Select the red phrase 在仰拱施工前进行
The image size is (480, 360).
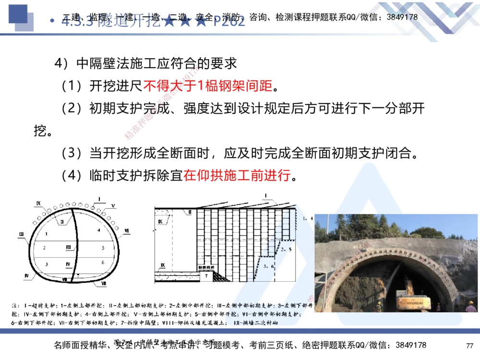237,176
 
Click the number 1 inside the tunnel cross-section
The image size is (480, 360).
46,233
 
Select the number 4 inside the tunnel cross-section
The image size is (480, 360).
98,230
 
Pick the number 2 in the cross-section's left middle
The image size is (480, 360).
44,248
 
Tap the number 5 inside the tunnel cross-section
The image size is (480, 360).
103,248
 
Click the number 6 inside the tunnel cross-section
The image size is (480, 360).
103,263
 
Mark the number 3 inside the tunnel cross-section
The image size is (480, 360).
46,264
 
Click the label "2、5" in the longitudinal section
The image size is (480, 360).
287,249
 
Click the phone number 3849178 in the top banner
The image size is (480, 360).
402,17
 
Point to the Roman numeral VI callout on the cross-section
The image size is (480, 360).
127,231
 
